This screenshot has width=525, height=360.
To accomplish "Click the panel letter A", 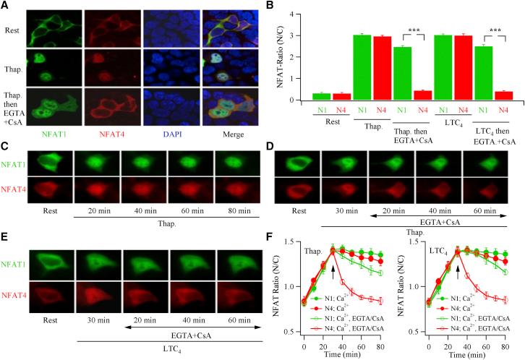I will tap(6, 6).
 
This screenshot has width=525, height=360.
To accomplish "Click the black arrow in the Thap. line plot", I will tap(333, 272).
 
